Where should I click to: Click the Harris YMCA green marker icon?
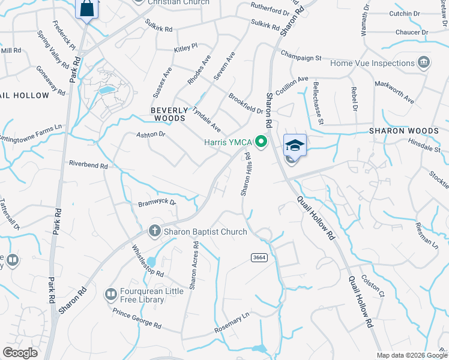(x=261, y=142)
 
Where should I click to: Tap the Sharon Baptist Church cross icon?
(x=154, y=232)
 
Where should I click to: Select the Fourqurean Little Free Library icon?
(x=110, y=294)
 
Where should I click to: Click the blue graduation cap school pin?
(x=295, y=146)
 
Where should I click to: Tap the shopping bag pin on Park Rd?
(x=86, y=9)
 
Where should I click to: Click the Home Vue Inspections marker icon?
(x=424, y=62)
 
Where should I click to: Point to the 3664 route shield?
(x=259, y=257)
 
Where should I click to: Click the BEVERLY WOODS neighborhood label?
(x=168, y=115)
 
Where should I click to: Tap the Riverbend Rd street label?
(x=88, y=164)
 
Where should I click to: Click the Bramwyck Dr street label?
(x=157, y=203)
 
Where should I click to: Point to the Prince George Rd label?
(x=137, y=319)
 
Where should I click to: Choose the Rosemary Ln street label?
(x=232, y=325)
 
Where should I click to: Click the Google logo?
(x=20, y=353)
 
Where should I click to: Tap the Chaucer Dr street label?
(x=412, y=32)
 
